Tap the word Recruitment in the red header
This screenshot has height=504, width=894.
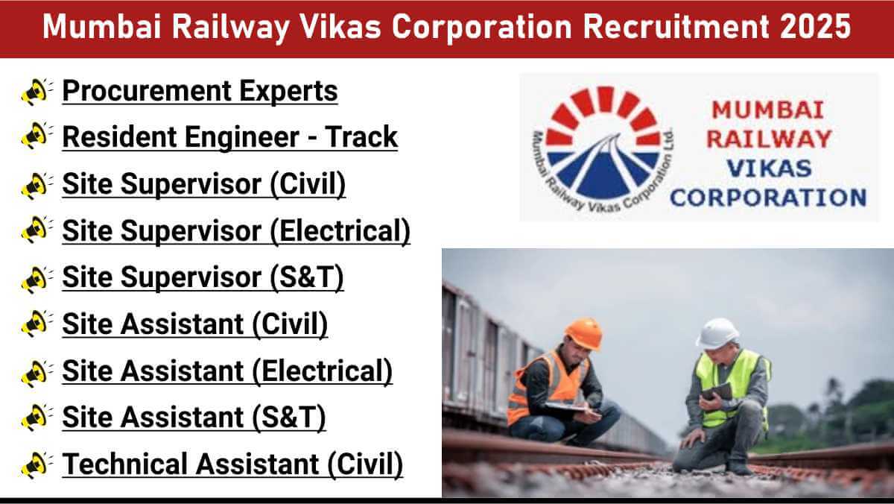[x=675, y=26]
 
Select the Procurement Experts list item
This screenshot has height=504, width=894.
[x=200, y=91]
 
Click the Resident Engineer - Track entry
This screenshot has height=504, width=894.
[x=230, y=137]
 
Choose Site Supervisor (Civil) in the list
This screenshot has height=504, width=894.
[x=204, y=184]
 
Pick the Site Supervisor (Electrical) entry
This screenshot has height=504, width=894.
[x=236, y=231]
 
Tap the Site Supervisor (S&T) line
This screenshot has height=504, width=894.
[x=203, y=277]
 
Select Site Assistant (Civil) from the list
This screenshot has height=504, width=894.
[x=195, y=324]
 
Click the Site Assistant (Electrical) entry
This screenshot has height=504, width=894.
[x=227, y=371]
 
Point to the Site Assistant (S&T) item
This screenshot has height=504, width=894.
[x=194, y=418]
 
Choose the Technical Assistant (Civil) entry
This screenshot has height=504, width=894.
[x=232, y=464]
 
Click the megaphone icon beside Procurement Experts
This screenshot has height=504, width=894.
[x=37, y=92]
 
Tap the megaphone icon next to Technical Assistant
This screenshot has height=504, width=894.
[x=37, y=465]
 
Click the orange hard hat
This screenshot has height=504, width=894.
[x=584, y=333]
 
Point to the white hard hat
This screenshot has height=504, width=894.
[x=717, y=333]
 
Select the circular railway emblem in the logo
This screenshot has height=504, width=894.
[x=603, y=148]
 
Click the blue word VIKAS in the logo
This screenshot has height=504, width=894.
[x=769, y=168]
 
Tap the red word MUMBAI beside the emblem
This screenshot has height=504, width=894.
[x=768, y=110]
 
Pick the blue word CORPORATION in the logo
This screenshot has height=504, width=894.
[x=768, y=198]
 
